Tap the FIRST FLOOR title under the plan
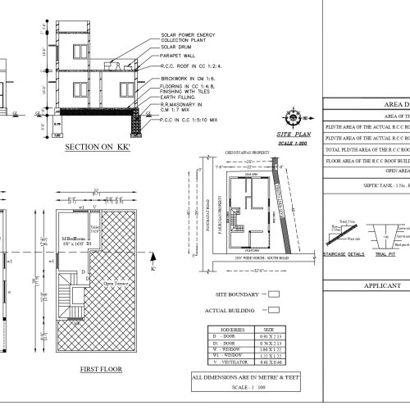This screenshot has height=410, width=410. [x=102, y=370]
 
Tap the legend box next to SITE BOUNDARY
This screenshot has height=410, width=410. [x=273, y=293]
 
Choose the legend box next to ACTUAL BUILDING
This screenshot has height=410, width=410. [x=273, y=312]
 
